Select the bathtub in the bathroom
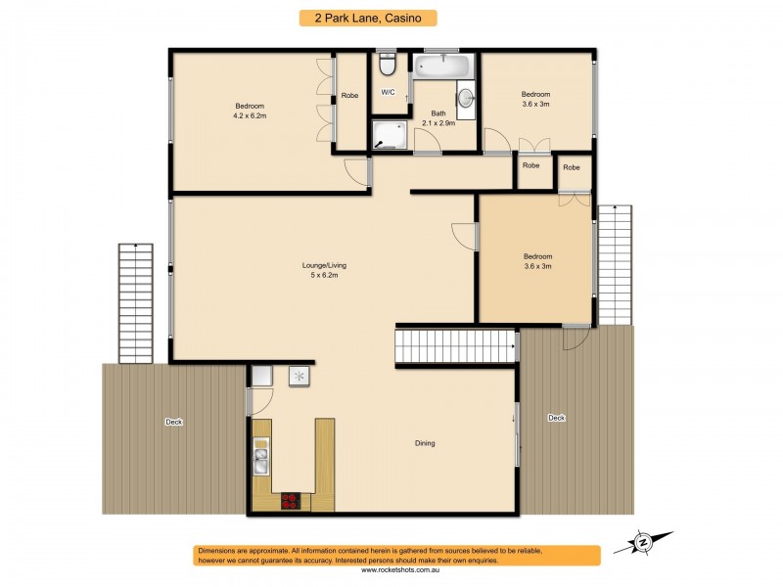point(443,67)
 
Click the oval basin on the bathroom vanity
point(466,98)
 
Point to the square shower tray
point(389,136)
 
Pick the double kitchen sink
point(261,458)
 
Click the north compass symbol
point(643,541)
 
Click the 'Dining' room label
point(425,443)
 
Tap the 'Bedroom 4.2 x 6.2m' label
point(250,111)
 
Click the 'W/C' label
point(388,92)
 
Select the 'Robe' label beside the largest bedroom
point(349,95)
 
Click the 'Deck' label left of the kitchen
point(173,422)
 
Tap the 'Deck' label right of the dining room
point(556,418)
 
